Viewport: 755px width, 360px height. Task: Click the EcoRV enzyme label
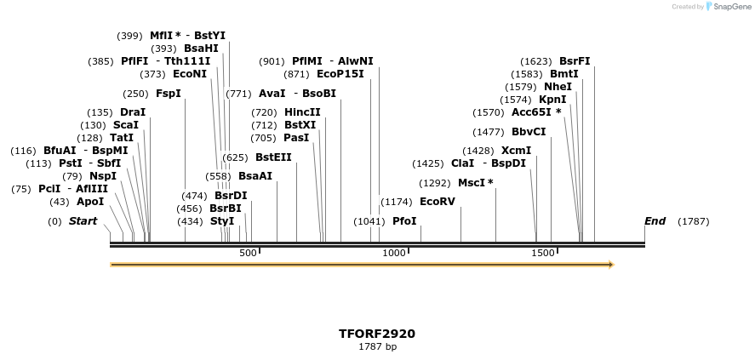tap(438, 202)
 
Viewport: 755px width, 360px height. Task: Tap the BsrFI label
tap(575, 61)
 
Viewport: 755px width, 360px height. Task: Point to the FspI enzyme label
tap(169, 94)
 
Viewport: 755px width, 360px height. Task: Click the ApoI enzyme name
tap(90, 202)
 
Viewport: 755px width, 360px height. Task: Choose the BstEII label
tap(273, 157)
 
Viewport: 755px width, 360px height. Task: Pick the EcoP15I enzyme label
tap(340, 74)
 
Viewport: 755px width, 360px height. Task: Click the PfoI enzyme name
tap(404, 221)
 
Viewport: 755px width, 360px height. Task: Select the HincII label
tap(302, 112)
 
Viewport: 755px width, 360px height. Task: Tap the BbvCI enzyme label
tap(529, 132)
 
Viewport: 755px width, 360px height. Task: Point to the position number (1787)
tap(693, 221)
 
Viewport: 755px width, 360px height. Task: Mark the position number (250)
tap(135, 94)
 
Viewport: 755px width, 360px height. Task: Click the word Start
tap(83, 221)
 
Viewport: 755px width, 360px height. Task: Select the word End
tap(655, 221)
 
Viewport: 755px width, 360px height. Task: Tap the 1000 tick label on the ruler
tap(394, 254)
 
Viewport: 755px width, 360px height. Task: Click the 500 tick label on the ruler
tap(248, 254)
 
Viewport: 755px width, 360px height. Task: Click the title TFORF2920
tap(377, 334)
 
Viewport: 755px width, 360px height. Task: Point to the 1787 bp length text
tap(377, 346)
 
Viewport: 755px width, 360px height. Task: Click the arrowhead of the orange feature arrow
tap(610, 265)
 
